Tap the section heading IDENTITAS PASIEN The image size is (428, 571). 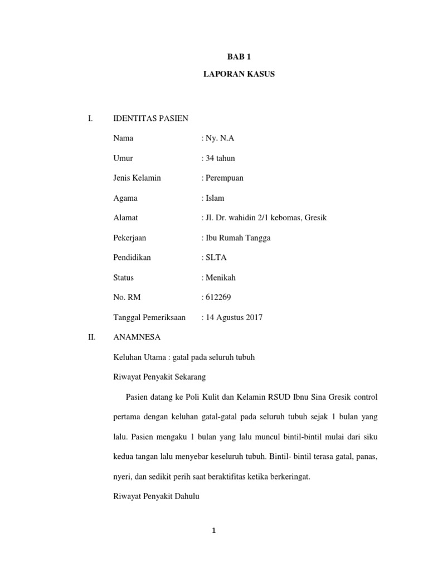150,118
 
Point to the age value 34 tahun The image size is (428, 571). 220,158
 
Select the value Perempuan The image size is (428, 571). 224,178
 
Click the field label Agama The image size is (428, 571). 125,198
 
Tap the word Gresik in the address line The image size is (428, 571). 315,217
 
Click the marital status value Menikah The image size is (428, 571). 220,277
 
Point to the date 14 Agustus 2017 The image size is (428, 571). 233,317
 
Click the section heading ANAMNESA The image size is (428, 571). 137,337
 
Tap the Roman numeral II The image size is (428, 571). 92,337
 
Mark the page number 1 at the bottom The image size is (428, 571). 213,531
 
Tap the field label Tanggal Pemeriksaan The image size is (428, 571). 149,317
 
